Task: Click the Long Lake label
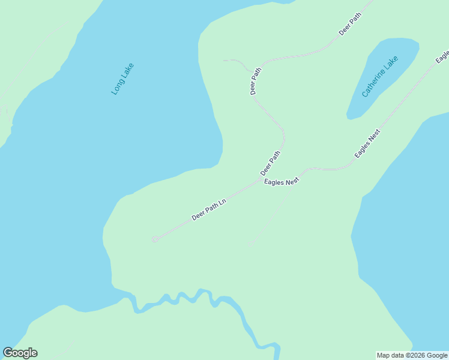(x=123, y=79)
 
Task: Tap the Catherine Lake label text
(x=380, y=77)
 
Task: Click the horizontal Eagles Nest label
(x=282, y=181)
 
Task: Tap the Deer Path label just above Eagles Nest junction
(x=270, y=163)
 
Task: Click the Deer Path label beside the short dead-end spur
(x=256, y=81)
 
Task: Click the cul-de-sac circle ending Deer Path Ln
(x=154, y=239)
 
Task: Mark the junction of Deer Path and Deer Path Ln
(x=260, y=178)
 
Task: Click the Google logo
(x=20, y=353)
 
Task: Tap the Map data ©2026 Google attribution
(x=412, y=355)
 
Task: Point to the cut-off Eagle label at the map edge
(x=443, y=57)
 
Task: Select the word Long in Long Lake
(x=118, y=87)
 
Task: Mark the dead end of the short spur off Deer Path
(x=224, y=61)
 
